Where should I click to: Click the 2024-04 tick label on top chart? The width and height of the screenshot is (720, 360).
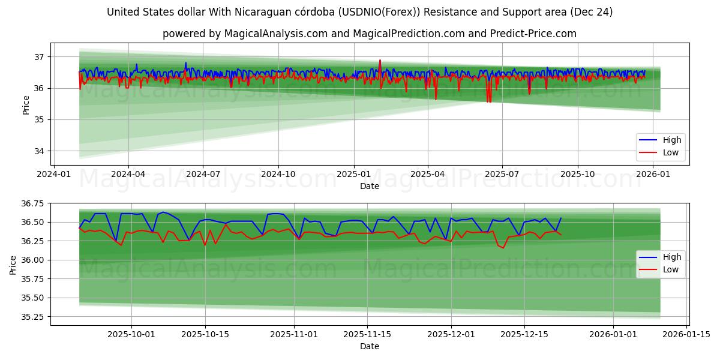pyautogui.click(x=128, y=174)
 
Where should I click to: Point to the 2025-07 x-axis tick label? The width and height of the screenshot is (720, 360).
pyautogui.click(x=502, y=174)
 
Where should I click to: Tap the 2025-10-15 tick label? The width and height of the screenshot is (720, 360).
pyautogui.click(x=205, y=334)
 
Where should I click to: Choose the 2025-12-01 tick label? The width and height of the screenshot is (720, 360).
pyautogui.click(x=451, y=334)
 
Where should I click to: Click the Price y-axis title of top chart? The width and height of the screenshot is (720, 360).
pyautogui.click(x=26, y=105)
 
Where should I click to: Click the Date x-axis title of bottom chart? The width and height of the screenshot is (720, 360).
pyautogui.click(x=369, y=346)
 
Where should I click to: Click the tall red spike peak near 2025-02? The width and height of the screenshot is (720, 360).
pyautogui.click(x=379, y=61)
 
